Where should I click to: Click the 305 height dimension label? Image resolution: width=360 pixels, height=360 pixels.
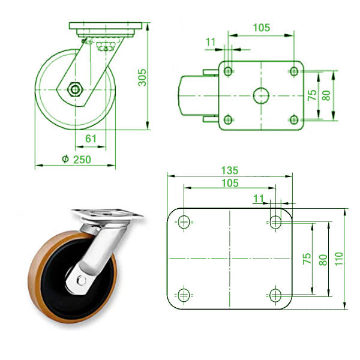142,77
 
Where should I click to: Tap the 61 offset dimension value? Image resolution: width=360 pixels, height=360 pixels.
91,139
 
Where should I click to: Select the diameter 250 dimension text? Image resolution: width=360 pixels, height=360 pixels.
77,160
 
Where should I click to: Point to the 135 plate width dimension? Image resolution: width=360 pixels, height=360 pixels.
230,170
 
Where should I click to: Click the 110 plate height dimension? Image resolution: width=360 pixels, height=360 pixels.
339,259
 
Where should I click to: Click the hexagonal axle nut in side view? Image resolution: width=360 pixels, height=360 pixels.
75,89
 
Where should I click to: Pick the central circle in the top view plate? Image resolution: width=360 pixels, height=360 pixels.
261,95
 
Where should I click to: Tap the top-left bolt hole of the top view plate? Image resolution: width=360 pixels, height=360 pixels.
228,71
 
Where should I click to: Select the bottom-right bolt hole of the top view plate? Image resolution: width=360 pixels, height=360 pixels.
294,119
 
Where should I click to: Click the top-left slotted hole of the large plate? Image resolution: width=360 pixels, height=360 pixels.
184,222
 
